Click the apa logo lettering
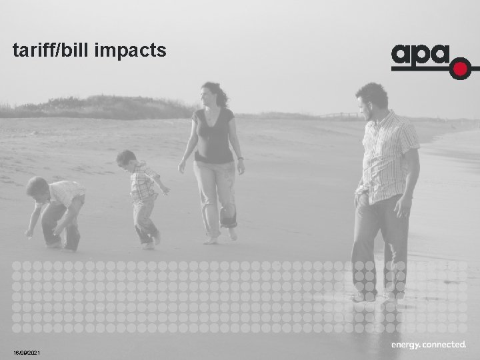420,55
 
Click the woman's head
213,93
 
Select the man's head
371,99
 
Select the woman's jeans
215,193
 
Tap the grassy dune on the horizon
100,107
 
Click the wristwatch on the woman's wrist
239,159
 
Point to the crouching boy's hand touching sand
29,233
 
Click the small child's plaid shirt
143,183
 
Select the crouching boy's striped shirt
67,193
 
